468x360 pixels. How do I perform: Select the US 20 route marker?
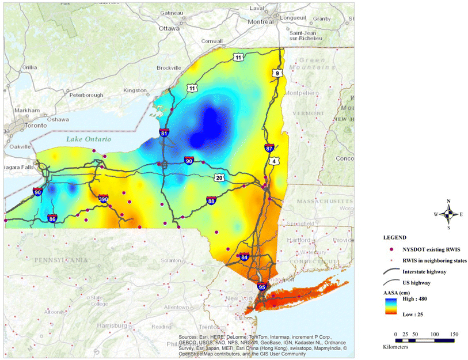[219, 178]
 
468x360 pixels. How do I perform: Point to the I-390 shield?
[104, 199]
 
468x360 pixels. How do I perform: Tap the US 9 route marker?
[279, 73]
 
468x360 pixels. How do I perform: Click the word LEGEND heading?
[396, 237]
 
